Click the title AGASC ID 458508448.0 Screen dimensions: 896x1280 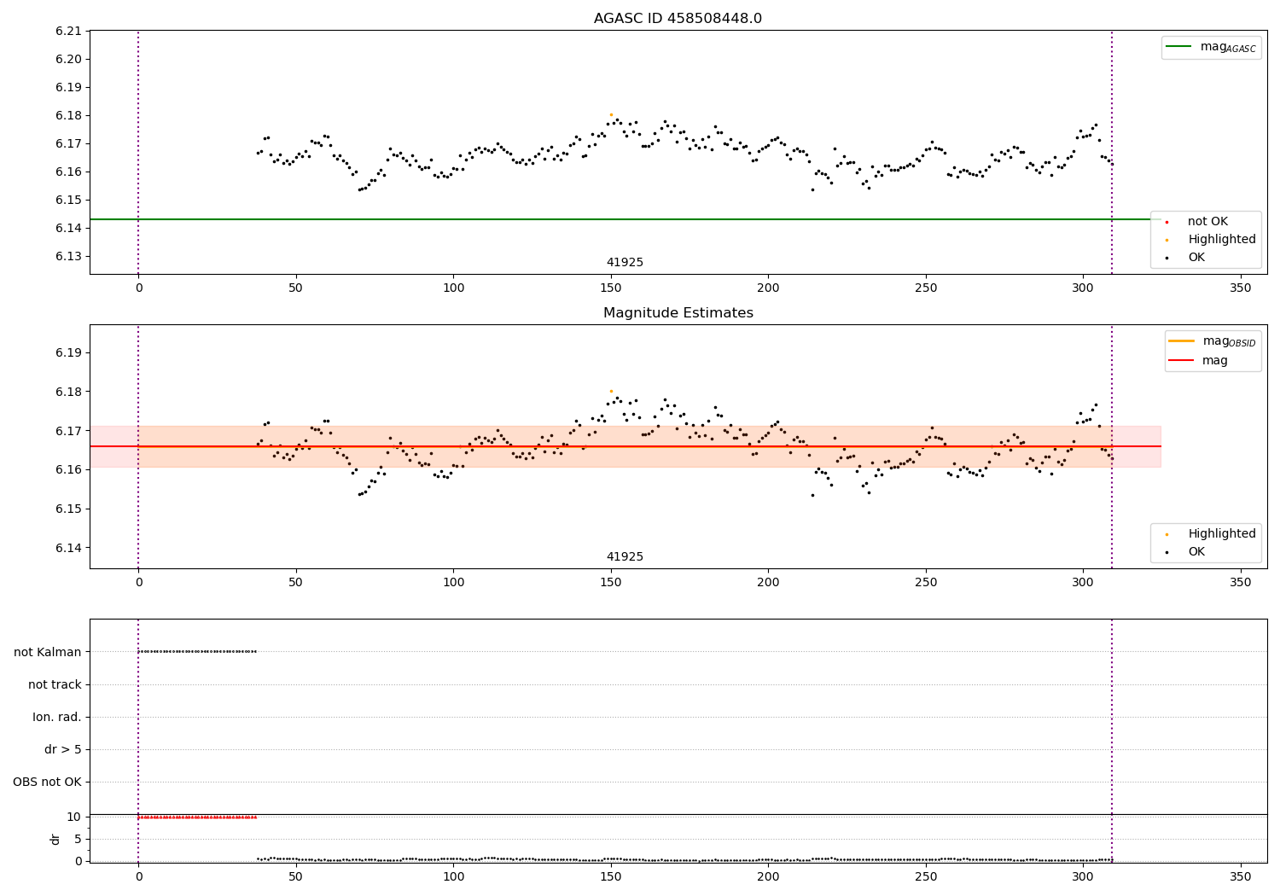pyautogui.click(x=678, y=19)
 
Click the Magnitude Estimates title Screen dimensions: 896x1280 pyautogui.click(x=678, y=313)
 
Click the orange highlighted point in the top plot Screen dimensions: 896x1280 pyautogui.click(x=611, y=114)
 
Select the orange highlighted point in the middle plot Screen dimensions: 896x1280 pyautogui.click(x=611, y=391)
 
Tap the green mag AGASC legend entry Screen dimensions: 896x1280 pyautogui.click(x=1210, y=47)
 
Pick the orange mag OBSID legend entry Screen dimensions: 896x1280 pyautogui.click(x=1212, y=341)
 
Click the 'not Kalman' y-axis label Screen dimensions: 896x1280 pyautogui.click(x=48, y=652)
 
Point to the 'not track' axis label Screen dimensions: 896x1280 pyautogui.click(x=55, y=684)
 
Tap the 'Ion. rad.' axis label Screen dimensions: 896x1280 pyautogui.click(x=57, y=717)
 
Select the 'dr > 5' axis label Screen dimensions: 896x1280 pyautogui.click(x=63, y=749)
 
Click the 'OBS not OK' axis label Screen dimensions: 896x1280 pyautogui.click(x=47, y=782)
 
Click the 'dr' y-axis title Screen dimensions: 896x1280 pyautogui.click(x=55, y=839)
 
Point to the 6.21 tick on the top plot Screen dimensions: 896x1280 pyautogui.click(x=68, y=32)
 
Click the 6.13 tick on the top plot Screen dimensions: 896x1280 pyautogui.click(x=68, y=256)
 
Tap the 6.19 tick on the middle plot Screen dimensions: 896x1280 pyautogui.click(x=68, y=352)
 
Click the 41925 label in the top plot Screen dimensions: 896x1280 pyautogui.click(x=625, y=263)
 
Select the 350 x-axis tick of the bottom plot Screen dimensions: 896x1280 pyautogui.click(x=1240, y=876)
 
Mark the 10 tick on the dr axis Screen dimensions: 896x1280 pyautogui.click(x=73, y=817)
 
